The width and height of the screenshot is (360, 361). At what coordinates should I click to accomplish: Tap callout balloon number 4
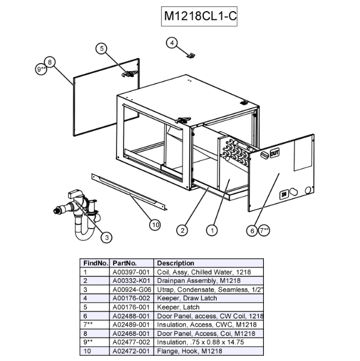(172, 43)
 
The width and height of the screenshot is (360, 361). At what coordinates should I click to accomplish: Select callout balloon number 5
(102, 49)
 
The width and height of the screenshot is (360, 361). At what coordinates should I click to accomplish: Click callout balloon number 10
(154, 224)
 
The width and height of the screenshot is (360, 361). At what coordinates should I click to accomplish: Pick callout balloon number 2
(183, 230)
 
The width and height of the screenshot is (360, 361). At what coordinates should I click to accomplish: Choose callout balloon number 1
(213, 230)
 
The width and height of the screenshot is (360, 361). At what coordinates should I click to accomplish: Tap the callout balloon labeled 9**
(41, 69)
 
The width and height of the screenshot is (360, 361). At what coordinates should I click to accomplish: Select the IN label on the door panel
(285, 194)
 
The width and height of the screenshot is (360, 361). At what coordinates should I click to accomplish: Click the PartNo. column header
(124, 263)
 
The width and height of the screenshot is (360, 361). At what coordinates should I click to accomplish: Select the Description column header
(176, 263)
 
